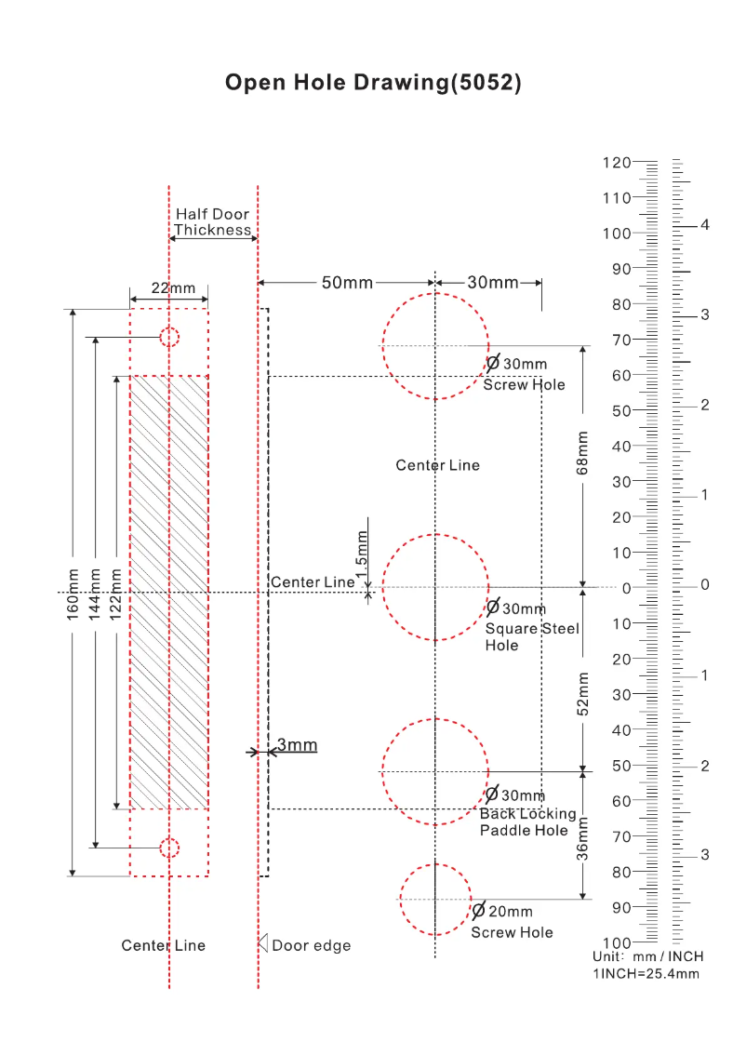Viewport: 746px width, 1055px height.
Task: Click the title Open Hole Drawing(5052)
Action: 373,82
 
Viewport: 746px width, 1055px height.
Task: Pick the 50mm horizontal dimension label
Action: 347,283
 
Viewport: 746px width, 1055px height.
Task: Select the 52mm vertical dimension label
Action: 582,693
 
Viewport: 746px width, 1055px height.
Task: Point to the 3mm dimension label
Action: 297,744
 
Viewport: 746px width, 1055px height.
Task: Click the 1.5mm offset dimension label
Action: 362,549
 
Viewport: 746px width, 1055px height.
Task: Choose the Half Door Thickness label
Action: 212,222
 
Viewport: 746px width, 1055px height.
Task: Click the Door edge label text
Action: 311,945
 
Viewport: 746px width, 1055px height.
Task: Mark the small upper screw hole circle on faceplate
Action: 168,337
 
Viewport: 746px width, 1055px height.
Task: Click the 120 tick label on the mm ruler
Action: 616,162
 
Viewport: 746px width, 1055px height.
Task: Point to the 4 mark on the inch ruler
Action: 705,225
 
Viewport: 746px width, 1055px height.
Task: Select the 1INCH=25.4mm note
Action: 646,973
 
